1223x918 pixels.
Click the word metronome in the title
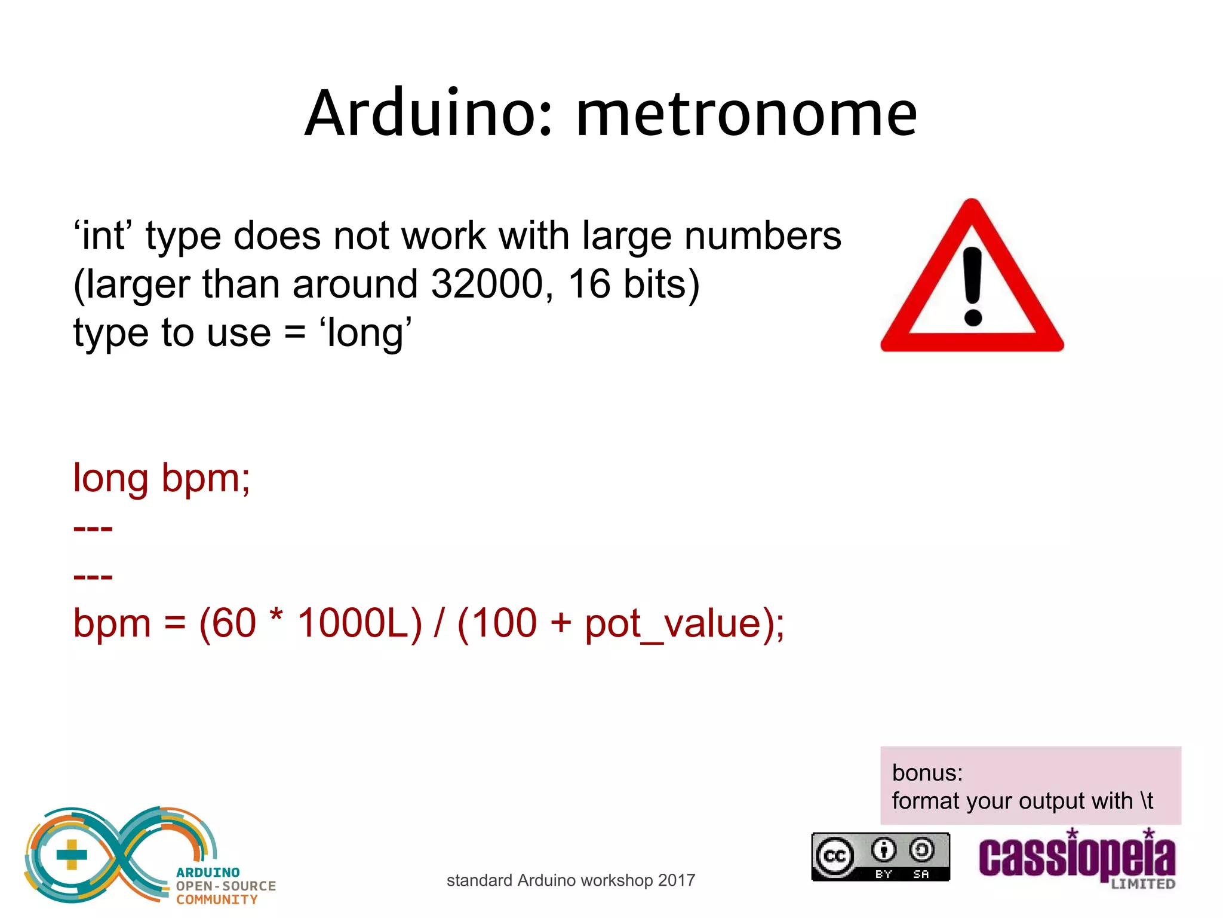pos(746,114)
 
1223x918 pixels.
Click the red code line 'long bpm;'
pos(161,478)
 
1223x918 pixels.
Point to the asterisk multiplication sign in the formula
pos(275,616)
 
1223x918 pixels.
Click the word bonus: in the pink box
pos(927,773)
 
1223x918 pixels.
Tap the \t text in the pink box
pos(1146,800)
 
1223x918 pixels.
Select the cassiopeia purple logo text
pos(1076,858)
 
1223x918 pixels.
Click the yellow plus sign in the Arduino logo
pos(72,855)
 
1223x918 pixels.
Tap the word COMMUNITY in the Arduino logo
pos(217,899)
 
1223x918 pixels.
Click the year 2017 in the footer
pos(677,880)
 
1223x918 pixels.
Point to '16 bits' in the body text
pos(633,284)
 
